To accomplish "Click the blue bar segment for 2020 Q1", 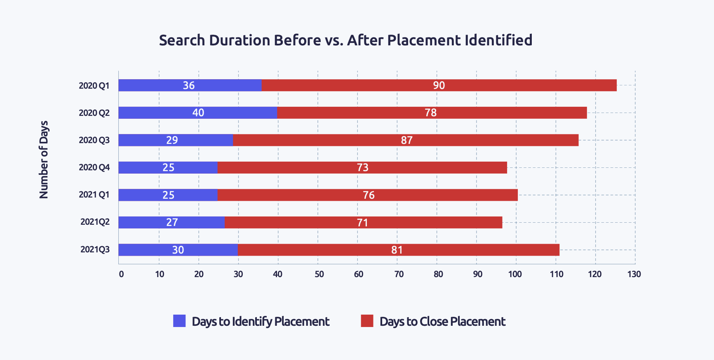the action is [190, 85].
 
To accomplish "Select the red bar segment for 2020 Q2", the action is [432, 113].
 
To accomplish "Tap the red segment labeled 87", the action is [406, 140].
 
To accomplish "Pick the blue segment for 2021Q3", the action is [178, 250].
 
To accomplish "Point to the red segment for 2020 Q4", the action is [362, 167].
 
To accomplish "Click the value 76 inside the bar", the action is [369, 195].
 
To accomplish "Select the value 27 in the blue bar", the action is [172, 222].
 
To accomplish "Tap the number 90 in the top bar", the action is [439, 85].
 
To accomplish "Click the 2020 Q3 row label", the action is [94, 140].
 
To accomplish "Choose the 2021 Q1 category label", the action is [94, 195].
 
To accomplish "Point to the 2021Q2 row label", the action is [95, 222].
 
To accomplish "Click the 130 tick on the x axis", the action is [634, 274].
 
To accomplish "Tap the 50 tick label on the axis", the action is [319, 274].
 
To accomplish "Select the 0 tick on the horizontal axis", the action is [121, 274].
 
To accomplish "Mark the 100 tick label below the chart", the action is [515, 274].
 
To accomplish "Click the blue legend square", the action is [179, 321].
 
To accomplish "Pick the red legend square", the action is [367, 321].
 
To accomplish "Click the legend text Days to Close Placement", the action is [442, 322].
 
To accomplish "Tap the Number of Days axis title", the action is [44, 160].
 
